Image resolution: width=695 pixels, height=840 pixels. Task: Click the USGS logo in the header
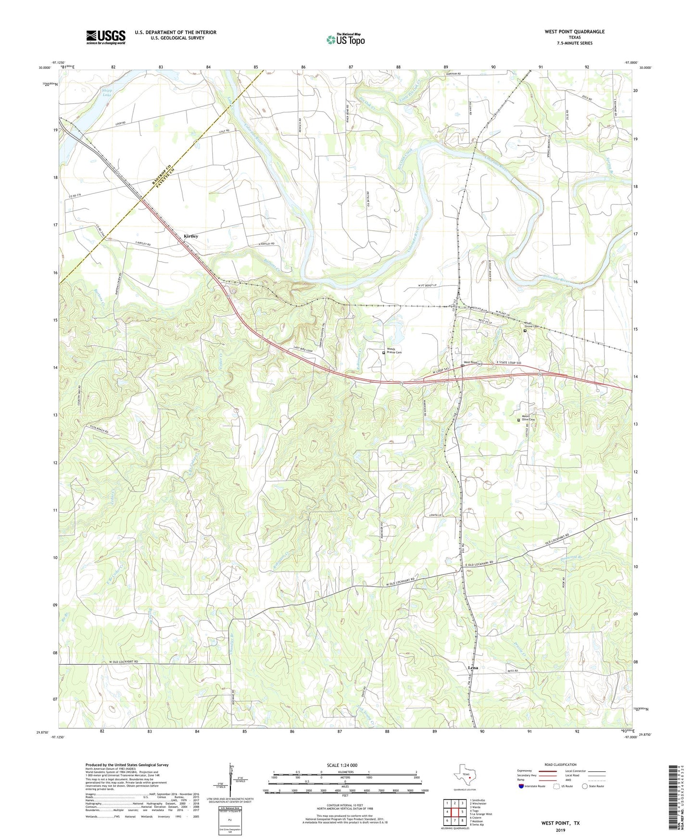click(x=106, y=37)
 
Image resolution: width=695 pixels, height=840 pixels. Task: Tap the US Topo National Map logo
click(x=345, y=39)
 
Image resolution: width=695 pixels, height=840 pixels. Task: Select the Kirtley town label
click(x=191, y=236)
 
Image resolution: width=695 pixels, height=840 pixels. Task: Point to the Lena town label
click(x=473, y=668)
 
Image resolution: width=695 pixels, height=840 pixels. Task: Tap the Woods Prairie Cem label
click(x=394, y=351)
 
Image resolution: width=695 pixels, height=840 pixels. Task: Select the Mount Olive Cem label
click(x=529, y=418)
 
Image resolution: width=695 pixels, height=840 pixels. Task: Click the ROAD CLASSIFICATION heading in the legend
click(x=560, y=764)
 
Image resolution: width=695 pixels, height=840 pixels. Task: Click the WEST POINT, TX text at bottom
click(x=560, y=823)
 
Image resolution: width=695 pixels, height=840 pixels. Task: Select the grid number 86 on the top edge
click(x=303, y=67)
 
